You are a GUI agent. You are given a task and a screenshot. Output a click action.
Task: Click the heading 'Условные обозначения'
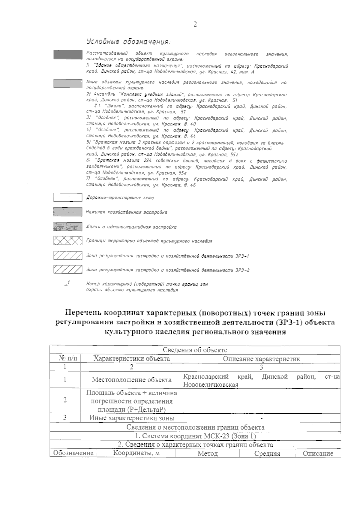(128, 41)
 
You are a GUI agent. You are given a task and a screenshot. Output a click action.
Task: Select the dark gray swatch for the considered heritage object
(68, 55)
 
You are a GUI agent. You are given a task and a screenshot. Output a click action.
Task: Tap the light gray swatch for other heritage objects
(68, 83)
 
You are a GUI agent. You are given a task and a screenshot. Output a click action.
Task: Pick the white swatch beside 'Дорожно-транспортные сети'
(68, 198)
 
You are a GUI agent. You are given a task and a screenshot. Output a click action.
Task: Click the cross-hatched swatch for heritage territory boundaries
(68, 241)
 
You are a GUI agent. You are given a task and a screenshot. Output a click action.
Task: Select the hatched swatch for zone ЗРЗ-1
(68, 256)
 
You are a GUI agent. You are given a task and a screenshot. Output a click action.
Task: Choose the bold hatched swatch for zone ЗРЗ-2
(68, 270)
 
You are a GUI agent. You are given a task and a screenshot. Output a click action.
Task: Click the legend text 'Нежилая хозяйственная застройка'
(127, 212)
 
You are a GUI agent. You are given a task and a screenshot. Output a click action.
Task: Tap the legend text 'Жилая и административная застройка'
(131, 227)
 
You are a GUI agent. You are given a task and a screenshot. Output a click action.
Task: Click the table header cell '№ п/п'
(65, 359)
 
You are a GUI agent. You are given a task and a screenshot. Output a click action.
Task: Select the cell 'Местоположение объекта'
(132, 380)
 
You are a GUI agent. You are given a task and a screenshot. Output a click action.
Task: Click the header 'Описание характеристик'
(261, 359)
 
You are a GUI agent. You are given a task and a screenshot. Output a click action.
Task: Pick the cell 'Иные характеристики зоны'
(132, 418)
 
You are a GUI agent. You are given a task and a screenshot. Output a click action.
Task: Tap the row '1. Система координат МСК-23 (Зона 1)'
(195, 436)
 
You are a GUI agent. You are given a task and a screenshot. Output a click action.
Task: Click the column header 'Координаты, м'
(136, 453)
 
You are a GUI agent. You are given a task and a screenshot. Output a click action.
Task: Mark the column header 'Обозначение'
(73, 453)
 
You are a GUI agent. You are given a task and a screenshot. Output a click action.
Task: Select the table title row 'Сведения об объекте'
(195, 350)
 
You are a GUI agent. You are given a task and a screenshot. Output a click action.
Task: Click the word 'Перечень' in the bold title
(82, 313)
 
